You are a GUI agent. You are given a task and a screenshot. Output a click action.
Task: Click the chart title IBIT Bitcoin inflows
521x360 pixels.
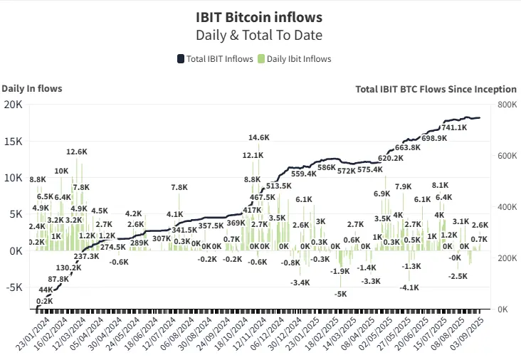point(259,16)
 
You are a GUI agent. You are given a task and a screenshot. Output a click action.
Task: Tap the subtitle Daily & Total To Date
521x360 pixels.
point(259,34)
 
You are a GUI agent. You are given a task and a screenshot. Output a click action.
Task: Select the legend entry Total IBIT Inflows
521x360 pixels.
point(215,59)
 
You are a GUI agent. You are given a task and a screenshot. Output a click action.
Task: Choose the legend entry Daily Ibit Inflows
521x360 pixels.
point(293,59)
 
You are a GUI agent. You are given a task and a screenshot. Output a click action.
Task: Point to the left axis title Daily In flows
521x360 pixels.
point(32,88)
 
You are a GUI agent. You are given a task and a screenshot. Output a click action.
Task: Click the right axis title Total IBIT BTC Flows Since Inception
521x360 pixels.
point(436,89)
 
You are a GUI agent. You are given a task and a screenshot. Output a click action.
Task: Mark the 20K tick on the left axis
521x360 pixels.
point(14,105)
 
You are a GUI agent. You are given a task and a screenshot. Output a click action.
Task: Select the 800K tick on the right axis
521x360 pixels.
point(507,105)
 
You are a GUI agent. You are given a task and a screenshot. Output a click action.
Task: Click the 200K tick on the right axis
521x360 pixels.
point(507,258)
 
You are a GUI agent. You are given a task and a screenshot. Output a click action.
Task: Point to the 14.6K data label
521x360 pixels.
point(259,137)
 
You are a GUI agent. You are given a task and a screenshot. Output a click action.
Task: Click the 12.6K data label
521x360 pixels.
point(77,152)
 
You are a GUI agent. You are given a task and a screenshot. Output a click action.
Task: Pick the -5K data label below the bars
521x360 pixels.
point(341,294)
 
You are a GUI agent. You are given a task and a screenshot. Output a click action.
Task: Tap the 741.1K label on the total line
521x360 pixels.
point(454,127)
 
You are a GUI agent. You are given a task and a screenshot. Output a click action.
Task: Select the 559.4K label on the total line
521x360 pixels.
point(304,174)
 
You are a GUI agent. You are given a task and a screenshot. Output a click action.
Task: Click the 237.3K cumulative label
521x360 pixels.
point(86,256)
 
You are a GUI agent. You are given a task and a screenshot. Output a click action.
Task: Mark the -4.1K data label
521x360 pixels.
point(409,287)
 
